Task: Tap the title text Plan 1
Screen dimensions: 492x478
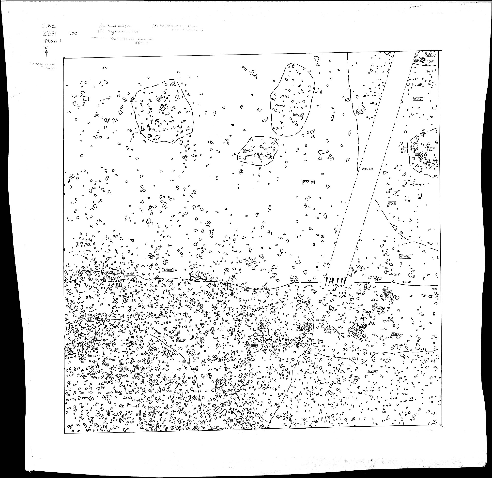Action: pos(53,42)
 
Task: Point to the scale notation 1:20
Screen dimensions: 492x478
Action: pos(72,33)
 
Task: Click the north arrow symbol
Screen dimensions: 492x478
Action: pos(46,52)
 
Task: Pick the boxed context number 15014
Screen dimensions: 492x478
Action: pos(298,115)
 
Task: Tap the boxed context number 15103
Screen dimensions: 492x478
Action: pos(247,151)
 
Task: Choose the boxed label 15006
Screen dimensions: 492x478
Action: pos(419,60)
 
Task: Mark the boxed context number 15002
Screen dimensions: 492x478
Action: pos(373,372)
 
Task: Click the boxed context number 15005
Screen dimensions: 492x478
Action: pos(136,400)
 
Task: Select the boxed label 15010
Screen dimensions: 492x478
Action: pos(180,340)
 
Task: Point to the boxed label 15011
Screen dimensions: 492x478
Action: pos(418,154)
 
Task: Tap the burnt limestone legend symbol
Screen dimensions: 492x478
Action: pos(102,26)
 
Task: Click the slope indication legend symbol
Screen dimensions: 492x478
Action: pos(156,26)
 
